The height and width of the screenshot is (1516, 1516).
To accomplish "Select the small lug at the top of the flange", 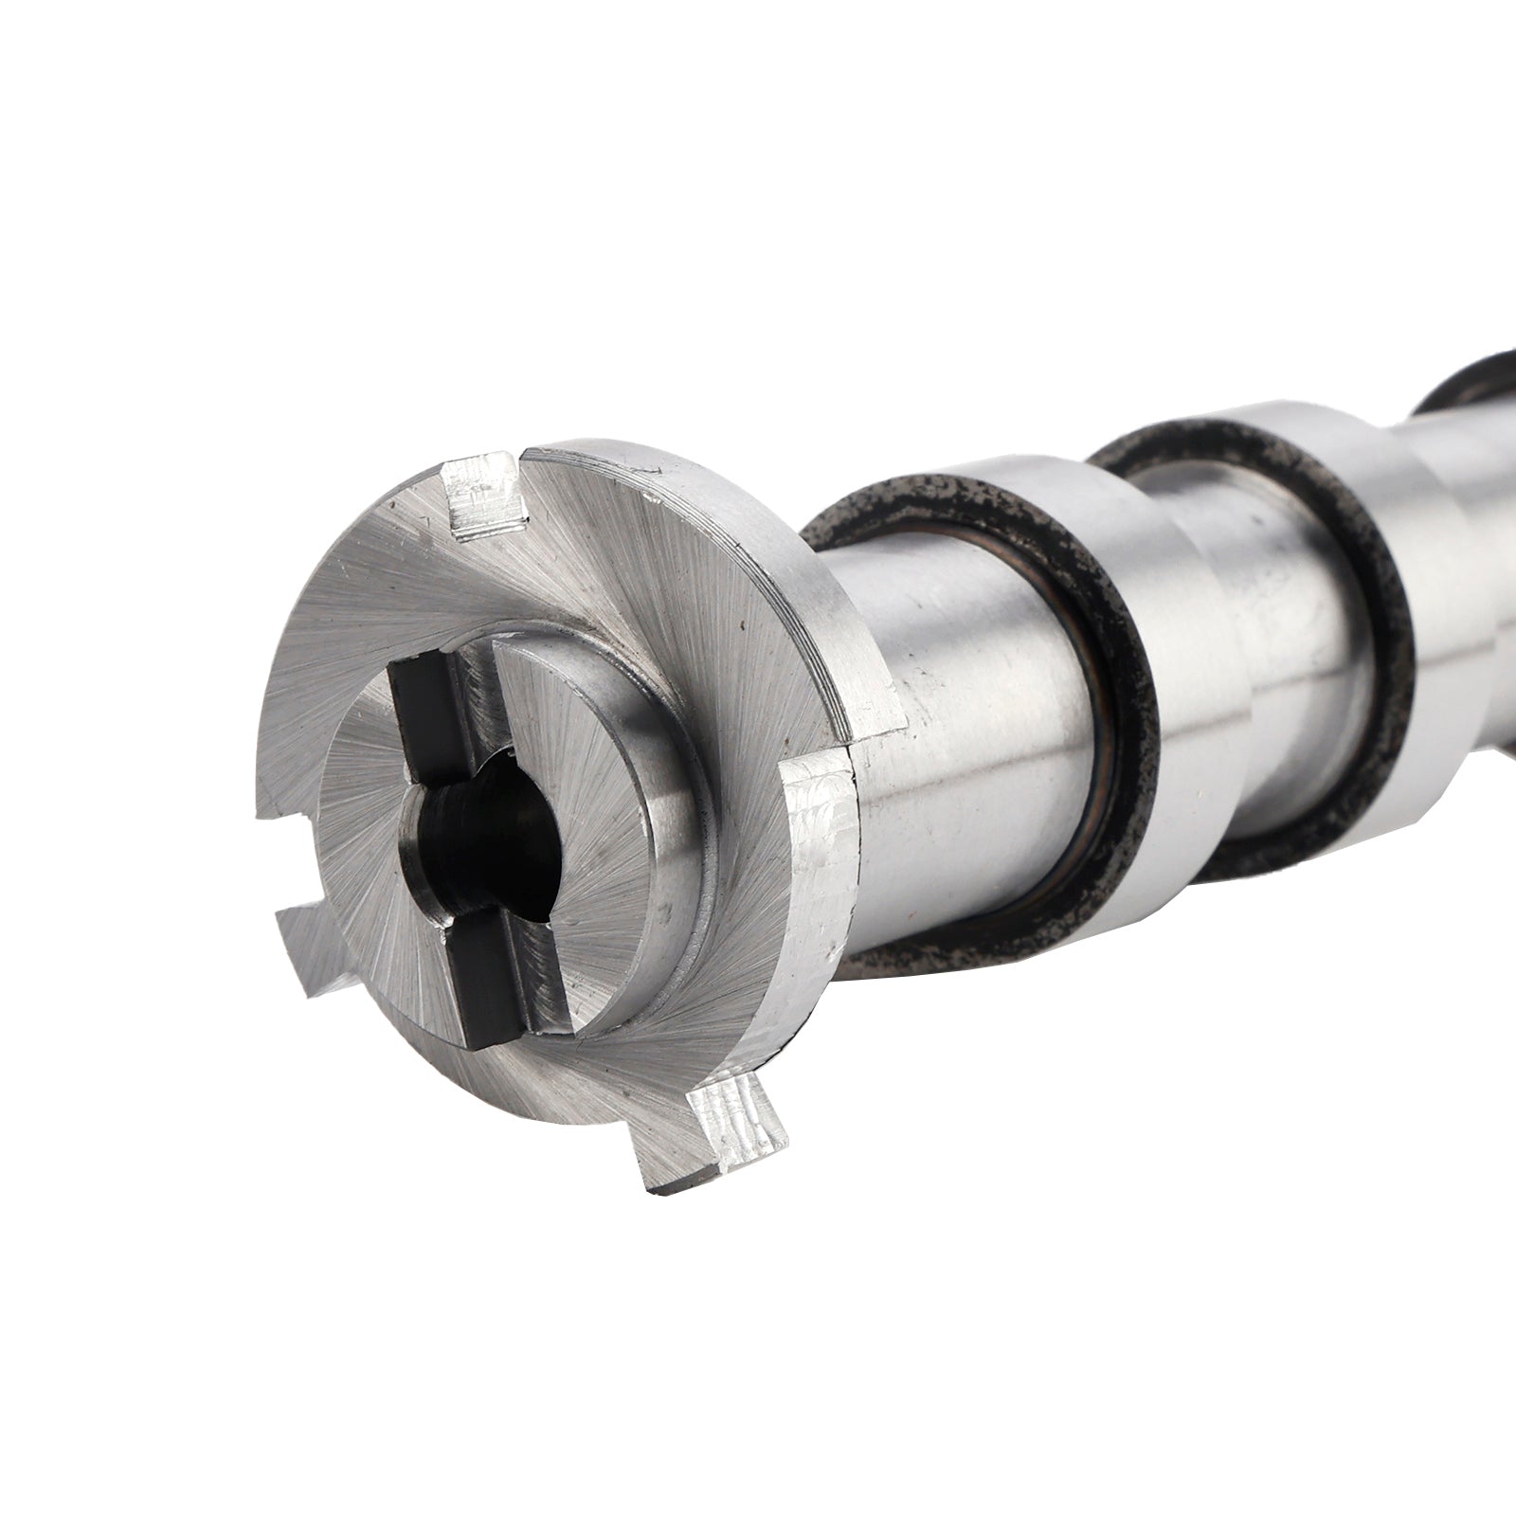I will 485,493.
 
